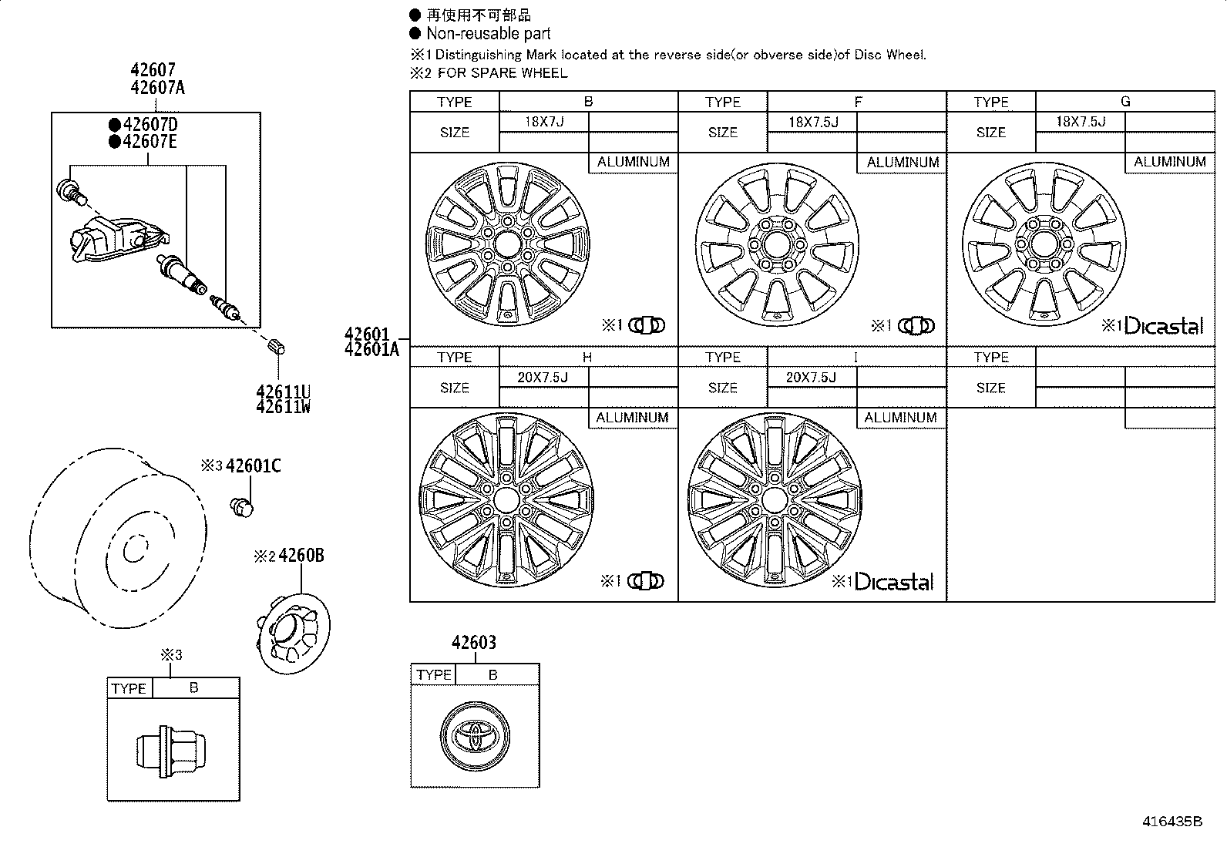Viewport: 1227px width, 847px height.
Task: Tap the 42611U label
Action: click(x=283, y=391)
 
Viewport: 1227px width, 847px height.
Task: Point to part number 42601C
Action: click(x=253, y=466)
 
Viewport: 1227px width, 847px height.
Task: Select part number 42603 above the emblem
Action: click(x=473, y=642)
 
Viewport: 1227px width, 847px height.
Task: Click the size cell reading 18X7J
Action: click(x=544, y=122)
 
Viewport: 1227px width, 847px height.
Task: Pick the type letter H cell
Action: click(x=587, y=357)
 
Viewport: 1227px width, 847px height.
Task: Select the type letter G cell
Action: click(x=1124, y=101)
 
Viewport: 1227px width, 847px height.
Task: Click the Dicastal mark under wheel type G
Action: click(x=1163, y=326)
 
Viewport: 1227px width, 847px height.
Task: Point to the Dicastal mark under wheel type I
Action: click(x=894, y=582)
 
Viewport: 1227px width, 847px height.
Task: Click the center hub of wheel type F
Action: click(x=775, y=244)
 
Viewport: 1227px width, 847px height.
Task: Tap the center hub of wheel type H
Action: click(x=506, y=499)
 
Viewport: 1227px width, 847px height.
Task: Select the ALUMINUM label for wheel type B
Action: click(x=633, y=163)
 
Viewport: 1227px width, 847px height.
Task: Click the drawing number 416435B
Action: click(x=1171, y=822)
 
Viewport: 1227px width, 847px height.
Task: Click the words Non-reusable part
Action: click(x=489, y=33)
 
